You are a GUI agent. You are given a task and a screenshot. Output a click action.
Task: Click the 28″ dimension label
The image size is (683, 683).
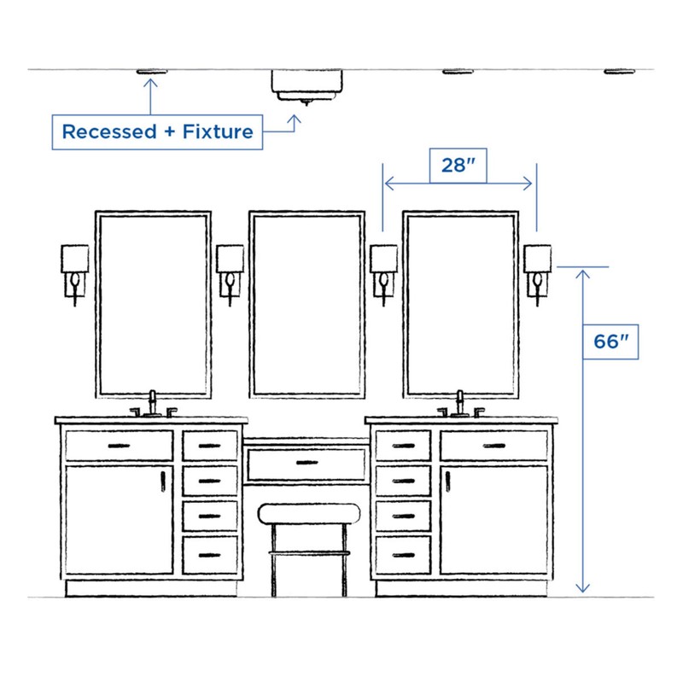[458, 166]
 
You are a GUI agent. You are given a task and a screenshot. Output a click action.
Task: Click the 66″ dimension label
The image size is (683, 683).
[610, 341]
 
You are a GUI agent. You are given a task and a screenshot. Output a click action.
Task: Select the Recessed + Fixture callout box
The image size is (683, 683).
[157, 132]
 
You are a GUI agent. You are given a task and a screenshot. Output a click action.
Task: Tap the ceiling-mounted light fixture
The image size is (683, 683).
[308, 84]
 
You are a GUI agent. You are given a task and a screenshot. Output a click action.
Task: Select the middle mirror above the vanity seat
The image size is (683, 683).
[307, 305]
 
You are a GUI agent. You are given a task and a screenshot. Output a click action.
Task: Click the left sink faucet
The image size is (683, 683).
[154, 404]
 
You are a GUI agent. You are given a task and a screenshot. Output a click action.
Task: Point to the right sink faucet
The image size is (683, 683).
[461, 404]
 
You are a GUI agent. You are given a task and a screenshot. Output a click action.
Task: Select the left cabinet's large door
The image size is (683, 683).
[120, 518]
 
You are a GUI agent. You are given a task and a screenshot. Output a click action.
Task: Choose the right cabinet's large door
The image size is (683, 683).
[493, 518]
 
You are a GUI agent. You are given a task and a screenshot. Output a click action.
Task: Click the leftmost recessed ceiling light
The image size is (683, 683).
[151, 72]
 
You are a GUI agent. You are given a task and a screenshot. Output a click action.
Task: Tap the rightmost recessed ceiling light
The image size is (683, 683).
[621, 72]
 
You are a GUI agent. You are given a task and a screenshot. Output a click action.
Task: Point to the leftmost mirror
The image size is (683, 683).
[154, 305]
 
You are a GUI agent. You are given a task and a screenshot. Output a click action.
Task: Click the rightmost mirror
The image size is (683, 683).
[461, 305]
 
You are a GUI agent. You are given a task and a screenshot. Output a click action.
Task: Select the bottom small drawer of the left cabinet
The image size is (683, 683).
[210, 555]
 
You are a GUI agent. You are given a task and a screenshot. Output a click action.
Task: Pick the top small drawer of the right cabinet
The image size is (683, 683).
[403, 446]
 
